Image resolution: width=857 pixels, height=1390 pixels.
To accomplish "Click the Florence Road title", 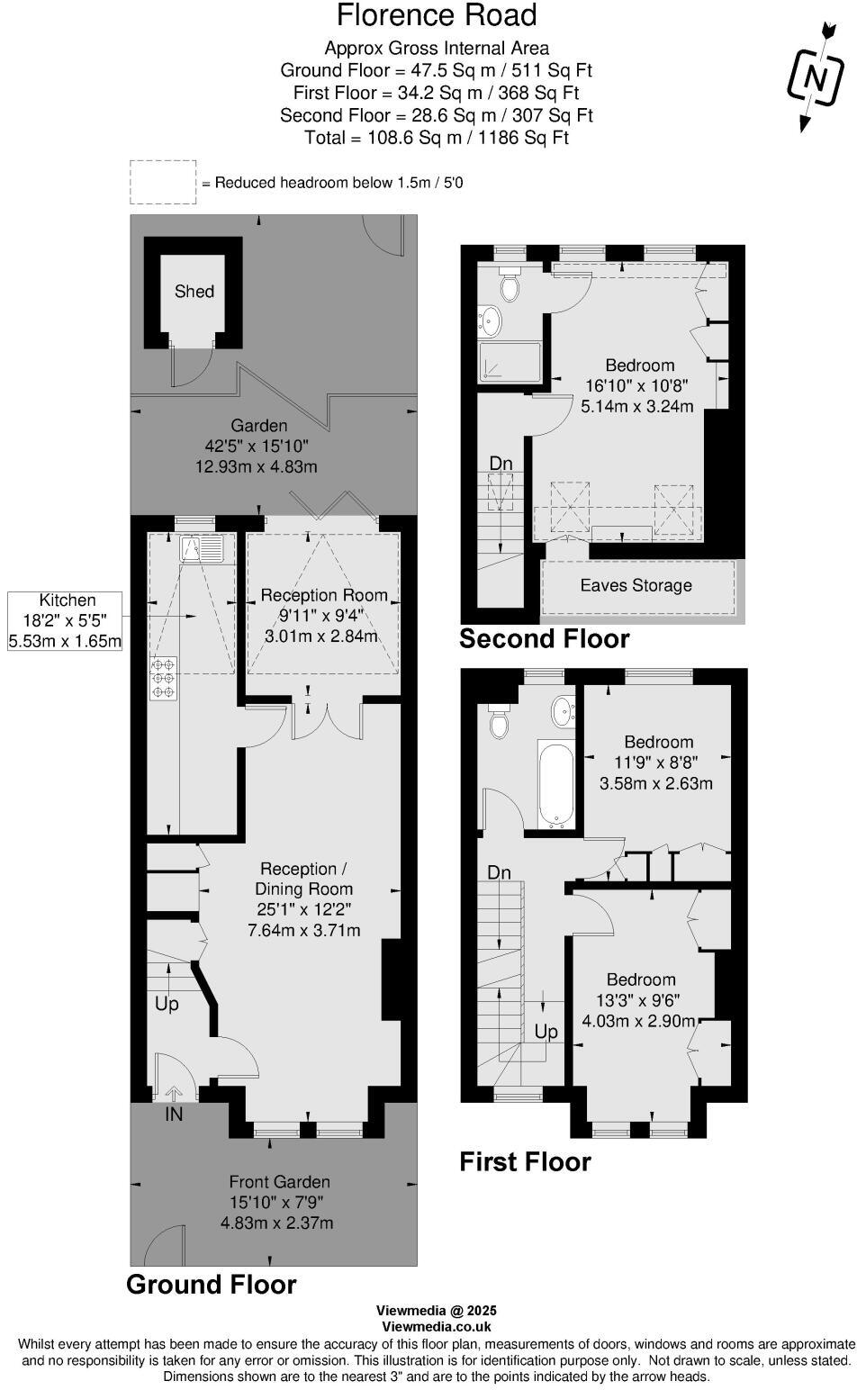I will (x=437, y=15).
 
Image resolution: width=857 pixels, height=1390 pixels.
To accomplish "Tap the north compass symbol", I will (x=815, y=78).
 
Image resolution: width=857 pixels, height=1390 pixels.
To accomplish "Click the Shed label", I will (x=194, y=291).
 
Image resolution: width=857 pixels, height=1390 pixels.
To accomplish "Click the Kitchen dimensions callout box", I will (x=65, y=620).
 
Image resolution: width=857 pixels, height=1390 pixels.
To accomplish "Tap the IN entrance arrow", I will (x=174, y=1094).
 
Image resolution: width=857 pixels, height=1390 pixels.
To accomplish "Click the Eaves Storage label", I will (x=636, y=585).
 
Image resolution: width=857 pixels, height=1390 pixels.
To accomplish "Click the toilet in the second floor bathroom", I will (x=510, y=286).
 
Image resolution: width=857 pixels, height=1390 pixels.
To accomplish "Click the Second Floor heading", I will (x=544, y=638).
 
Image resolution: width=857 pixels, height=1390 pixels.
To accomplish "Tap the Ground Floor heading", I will (x=212, y=1284).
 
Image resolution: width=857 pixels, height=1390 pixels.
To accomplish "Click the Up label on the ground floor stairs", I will (x=167, y=1003).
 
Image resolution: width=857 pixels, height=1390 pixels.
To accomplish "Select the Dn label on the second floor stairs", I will (x=501, y=463).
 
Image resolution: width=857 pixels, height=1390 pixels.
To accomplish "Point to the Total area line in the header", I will (x=437, y=138).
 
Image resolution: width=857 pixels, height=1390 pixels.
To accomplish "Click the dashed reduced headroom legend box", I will (x=163, y=182).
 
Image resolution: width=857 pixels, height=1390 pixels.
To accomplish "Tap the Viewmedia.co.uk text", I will (x=437, y=1325).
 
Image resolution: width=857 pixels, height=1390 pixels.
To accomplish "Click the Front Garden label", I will (x=279, y=1181).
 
